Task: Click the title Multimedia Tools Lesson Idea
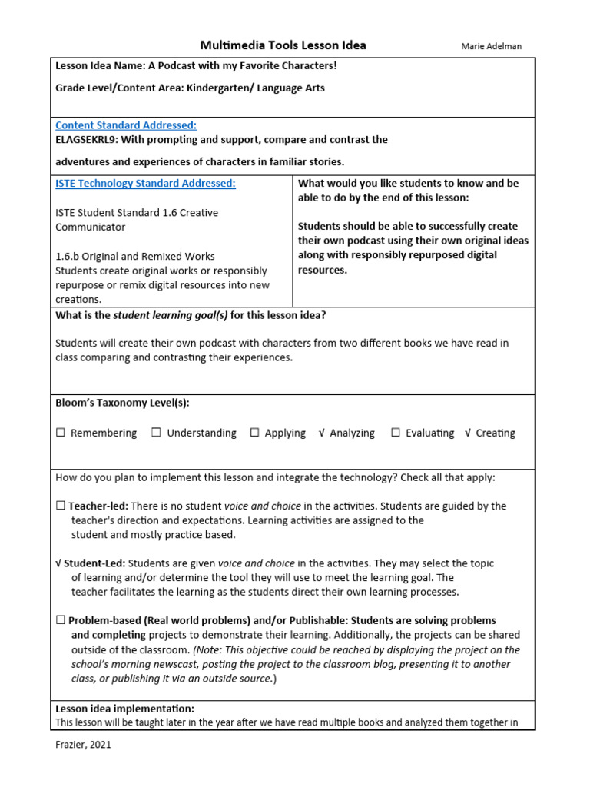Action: pos(283,45)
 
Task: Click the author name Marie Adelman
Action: pos(491,46)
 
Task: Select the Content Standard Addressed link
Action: pos(126,125)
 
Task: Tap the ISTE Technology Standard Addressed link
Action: pos(145,184)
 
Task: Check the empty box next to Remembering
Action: pos(61,433)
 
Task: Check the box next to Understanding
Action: pos(156,433)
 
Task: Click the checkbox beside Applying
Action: pos(254,433)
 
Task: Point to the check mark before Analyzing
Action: pos(321,433)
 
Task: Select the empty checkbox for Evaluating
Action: pos(396,433)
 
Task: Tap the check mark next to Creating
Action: pos(467,433)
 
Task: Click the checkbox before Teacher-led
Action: pos(61,506)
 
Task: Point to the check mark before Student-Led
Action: pos(58,563)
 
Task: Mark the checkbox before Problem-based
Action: pos(61,620)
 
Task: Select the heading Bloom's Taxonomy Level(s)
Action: pos(122,403)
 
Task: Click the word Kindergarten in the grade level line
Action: pos(211,88)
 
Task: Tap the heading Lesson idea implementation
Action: pos(124,709)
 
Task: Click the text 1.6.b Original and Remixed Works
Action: pos(134,256)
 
